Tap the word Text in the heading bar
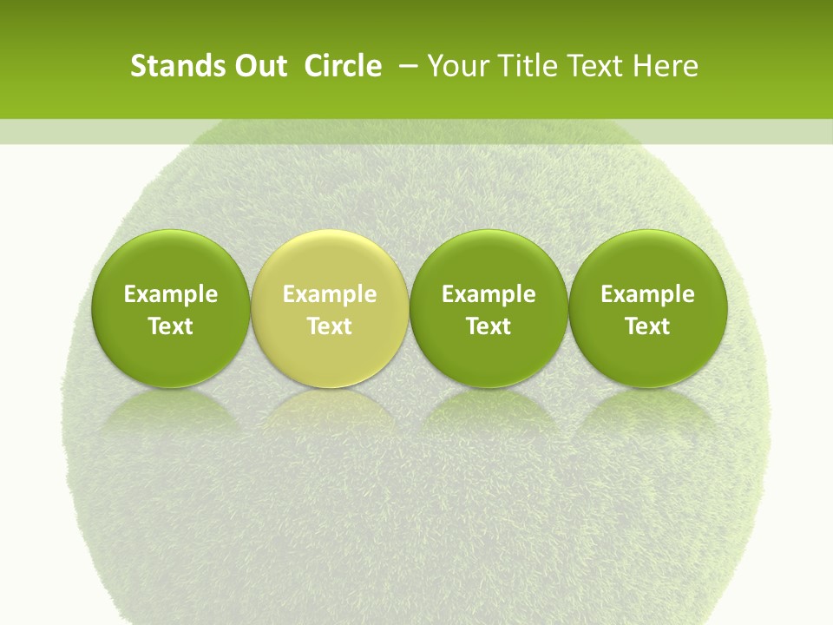(594, 66)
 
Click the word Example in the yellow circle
(330, 294)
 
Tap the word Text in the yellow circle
(330, 326)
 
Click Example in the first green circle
(170, 294)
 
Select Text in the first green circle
(170, 326)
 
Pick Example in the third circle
(489, 294)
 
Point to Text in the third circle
(489, 326)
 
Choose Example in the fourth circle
(647, 294)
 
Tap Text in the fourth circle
(647, 326)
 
